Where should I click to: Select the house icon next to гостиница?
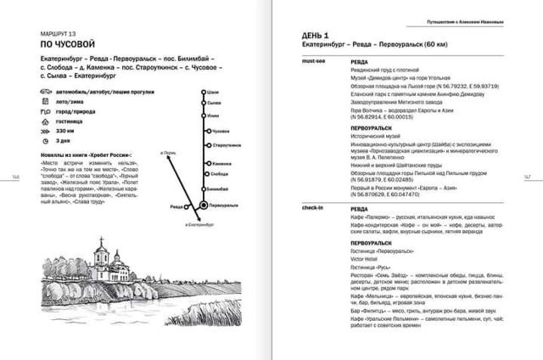(x=43, y=121)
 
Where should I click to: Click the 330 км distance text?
(x=64, y=132)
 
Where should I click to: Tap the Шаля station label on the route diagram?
(x=216, y=93)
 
